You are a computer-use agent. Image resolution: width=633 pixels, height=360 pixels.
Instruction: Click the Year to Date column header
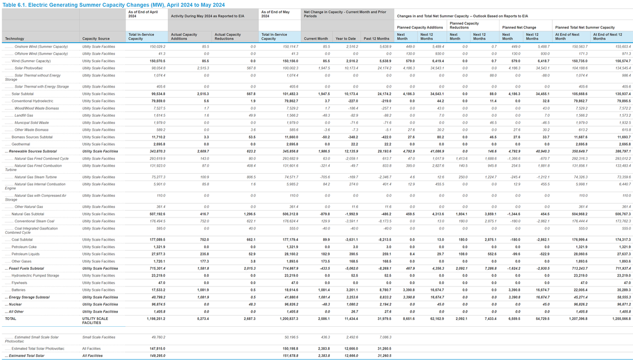click(347, 39)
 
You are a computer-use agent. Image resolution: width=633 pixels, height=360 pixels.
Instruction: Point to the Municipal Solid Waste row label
click(32, 122)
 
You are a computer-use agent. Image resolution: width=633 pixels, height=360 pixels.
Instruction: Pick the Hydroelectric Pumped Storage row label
click(35, 275)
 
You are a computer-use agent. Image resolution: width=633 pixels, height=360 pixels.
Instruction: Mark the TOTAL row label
click(11, 319)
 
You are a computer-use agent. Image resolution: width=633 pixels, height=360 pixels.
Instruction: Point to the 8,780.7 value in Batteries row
click(385, 290)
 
